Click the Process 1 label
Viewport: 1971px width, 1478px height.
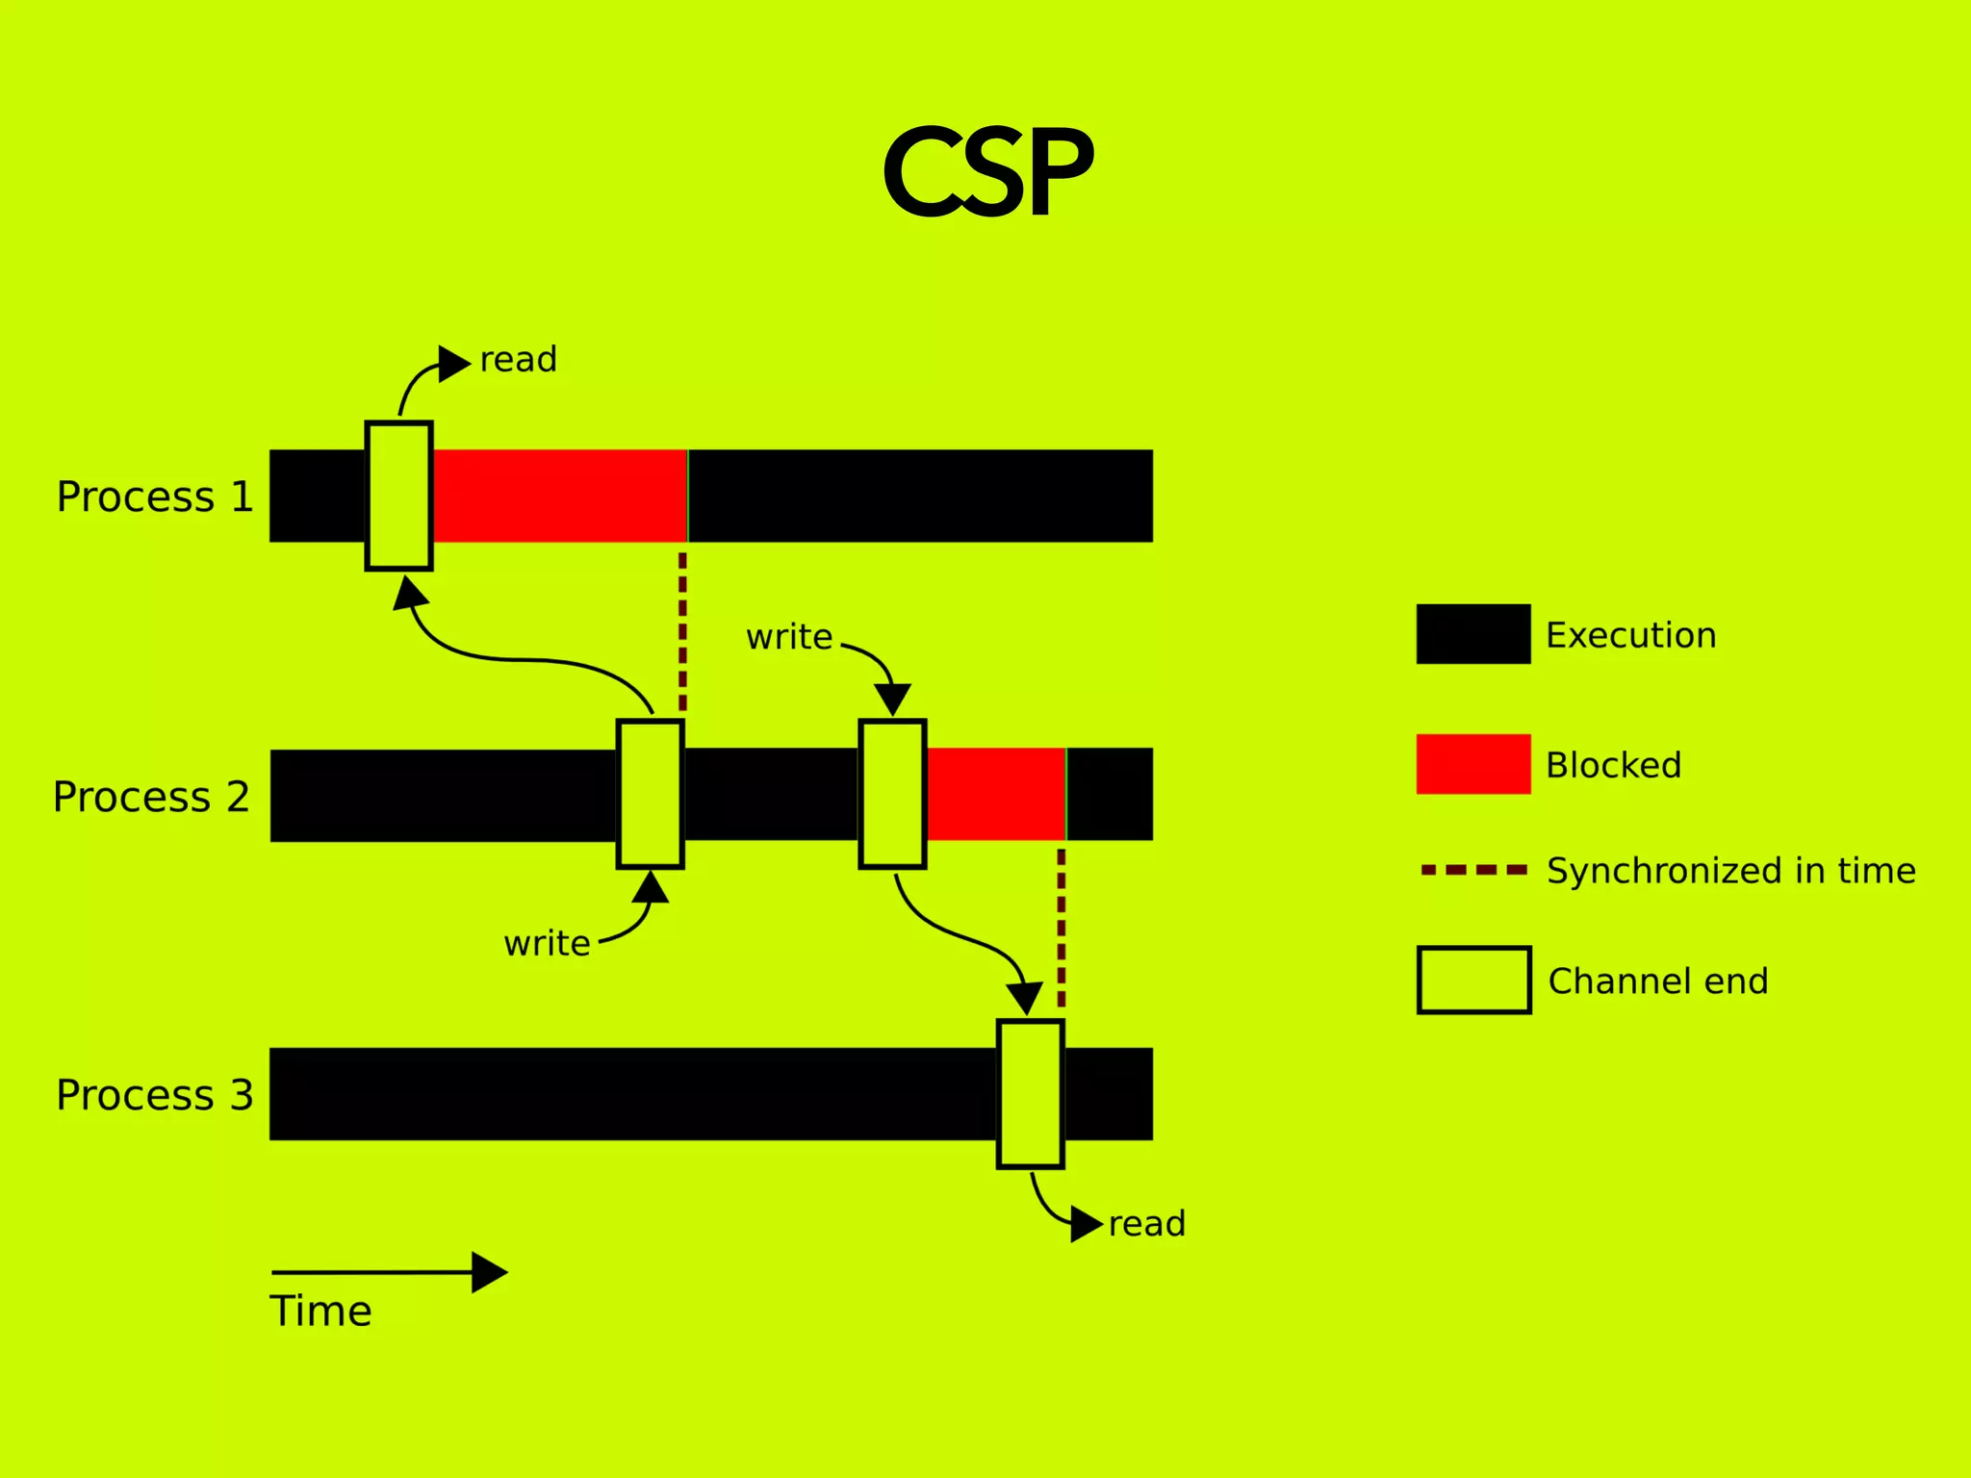pyautogui.click(x=155, y=497)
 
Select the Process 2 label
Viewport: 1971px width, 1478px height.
pyautogui.click(x=151, y=797)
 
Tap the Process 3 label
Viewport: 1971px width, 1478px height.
pyautogui.click(x=155, y=1095)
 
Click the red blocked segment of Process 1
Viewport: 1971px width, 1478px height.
pyautogui.click(x=559, y=496)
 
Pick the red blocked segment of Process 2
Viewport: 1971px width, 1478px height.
pyautogui.click(x=995, y=794)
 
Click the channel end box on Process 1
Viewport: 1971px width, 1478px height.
pyautogui.click(x=399, y=496)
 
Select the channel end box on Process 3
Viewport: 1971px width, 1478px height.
pyautogui.click(x=1031, y=1094)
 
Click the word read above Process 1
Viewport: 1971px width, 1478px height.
pyautogui.click(x=519, y=359)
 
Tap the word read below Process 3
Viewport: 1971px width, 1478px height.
pyautogui.click(x=1147, y=1224)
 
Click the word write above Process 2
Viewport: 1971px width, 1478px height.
pyautogui.click(x=789, y=637)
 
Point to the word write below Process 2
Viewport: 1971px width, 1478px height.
pyautogui.click(x=547, y=943)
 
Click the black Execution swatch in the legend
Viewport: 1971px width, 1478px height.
pyautogui.click(x=1473, y=634)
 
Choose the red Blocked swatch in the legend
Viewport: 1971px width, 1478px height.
pyautogui.click(x=1473, y=764)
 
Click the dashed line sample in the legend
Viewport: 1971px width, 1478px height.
pyautogui.click(x=1473, y=870)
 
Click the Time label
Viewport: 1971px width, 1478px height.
pyautogui.click(x=320, y=1312)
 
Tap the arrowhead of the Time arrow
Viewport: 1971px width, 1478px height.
pyautogui.click(x=489, y=1272)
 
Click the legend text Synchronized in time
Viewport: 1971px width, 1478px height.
pyautogui.click(x=1730, y=871)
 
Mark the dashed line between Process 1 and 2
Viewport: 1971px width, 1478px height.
pyautogui.click(x=682, y=630)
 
